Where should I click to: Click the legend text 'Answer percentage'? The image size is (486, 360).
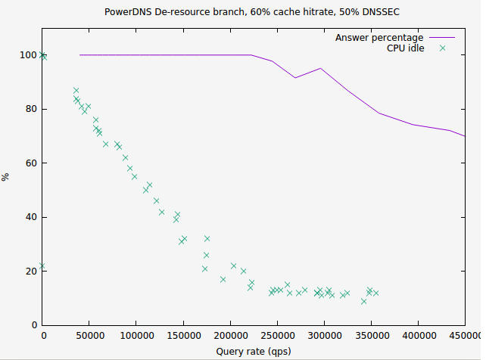point(379,37)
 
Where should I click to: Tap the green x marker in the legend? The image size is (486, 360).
point(443,48)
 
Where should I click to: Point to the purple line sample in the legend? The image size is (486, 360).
point(443,37)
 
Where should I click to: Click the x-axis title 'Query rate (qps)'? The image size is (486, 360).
point(254,351)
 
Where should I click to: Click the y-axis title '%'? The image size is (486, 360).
point(6,177)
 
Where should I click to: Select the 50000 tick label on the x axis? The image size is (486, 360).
point(90,334)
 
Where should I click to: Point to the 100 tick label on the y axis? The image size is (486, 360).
point(28,55)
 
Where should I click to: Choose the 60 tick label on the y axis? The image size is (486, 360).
point(31,163)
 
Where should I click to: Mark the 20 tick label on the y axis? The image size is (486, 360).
point(31,272)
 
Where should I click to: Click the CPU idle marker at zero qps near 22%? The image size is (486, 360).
point(43,266)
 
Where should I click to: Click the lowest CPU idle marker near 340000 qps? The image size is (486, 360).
point(363,301)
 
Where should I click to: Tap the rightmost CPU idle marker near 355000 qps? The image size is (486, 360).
point(375,293)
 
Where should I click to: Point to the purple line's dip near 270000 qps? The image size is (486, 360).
point(296,77)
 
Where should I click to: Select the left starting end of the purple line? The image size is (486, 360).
point(80,54)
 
